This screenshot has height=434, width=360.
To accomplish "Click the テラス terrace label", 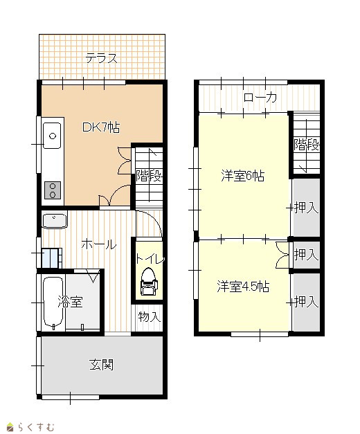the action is tap(101, 58).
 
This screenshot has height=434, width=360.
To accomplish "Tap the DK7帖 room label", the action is tap(101, 127).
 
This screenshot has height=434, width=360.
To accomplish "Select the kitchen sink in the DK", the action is tap(52, 136).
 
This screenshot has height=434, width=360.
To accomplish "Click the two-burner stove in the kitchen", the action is tap(53, 190).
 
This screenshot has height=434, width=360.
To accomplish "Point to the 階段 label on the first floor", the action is tap(149, 176).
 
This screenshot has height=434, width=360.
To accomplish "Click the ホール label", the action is tap(99, 244).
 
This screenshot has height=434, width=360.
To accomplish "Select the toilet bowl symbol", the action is tap(149, 282).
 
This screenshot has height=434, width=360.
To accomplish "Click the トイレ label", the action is tap(150, 259).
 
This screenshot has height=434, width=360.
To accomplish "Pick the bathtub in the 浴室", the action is tap(53, 302).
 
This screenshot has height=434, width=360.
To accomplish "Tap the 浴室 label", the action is tap(71, 302).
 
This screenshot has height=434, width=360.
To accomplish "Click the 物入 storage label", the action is tap(150, 316).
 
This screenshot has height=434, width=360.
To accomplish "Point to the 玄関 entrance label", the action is tap(101, 365).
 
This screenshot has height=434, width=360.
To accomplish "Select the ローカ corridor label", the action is tap(260, 98).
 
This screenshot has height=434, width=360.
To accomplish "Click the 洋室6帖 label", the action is tap(242, 176).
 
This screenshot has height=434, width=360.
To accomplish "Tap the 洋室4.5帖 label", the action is tap(243, 287).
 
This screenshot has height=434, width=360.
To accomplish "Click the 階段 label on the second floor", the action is tap(307, 144).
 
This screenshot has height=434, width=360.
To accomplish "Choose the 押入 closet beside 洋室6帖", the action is tap(306, 208).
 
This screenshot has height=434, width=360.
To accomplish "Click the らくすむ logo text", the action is tap(36, 427).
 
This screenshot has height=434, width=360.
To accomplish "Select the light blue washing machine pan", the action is tap(50, 258).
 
